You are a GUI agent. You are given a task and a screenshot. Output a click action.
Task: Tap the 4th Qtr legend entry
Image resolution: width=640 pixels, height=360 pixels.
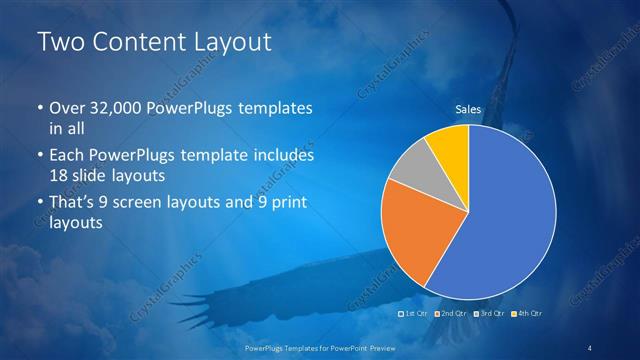pos(520,314)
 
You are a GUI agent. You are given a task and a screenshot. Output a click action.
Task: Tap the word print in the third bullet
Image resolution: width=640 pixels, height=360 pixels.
pos(286,205)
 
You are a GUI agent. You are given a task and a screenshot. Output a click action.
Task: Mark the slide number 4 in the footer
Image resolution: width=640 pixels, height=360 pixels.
pos(590,347)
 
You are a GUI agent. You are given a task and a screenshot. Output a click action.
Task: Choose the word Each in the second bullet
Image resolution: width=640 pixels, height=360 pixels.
pos(68,156)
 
